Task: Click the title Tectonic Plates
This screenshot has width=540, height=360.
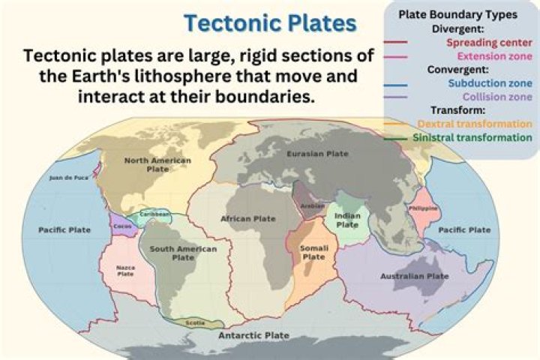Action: pos(271,23)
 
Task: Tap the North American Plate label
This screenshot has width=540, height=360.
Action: pos(157,164)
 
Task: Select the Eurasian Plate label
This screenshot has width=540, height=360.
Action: pos(317,154)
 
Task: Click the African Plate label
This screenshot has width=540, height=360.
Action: pos(248,218)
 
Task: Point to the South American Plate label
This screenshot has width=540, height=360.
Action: pos(183,253)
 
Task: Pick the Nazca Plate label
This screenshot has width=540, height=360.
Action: pos(125,270)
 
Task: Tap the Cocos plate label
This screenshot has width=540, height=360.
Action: pos(122,226)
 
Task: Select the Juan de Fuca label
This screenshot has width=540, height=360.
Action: pos(67,178)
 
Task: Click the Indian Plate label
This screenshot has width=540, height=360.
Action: pos(347,220)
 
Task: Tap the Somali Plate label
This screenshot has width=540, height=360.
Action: pos(313,252)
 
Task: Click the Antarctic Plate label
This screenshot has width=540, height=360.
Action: pos(253,335)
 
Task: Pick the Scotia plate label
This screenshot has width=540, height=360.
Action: pos(195,323)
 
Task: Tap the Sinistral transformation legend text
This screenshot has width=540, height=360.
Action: pos(472,138)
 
